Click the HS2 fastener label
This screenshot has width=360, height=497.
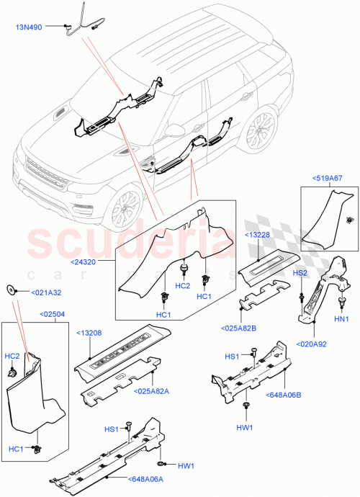300,274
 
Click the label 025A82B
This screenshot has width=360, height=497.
255,329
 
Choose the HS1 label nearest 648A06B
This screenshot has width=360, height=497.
232,357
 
